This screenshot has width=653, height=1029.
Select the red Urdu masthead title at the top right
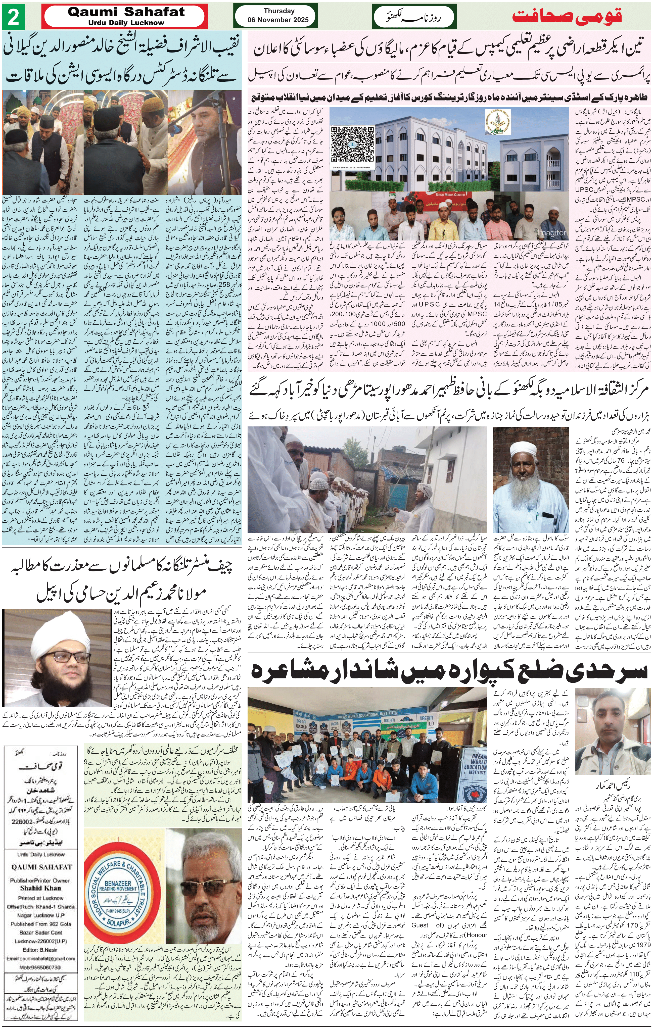pos(578,17)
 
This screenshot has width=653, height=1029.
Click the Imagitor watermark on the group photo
pos(552,232)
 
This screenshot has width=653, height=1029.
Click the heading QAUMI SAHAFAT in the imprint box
pos(41,867)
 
